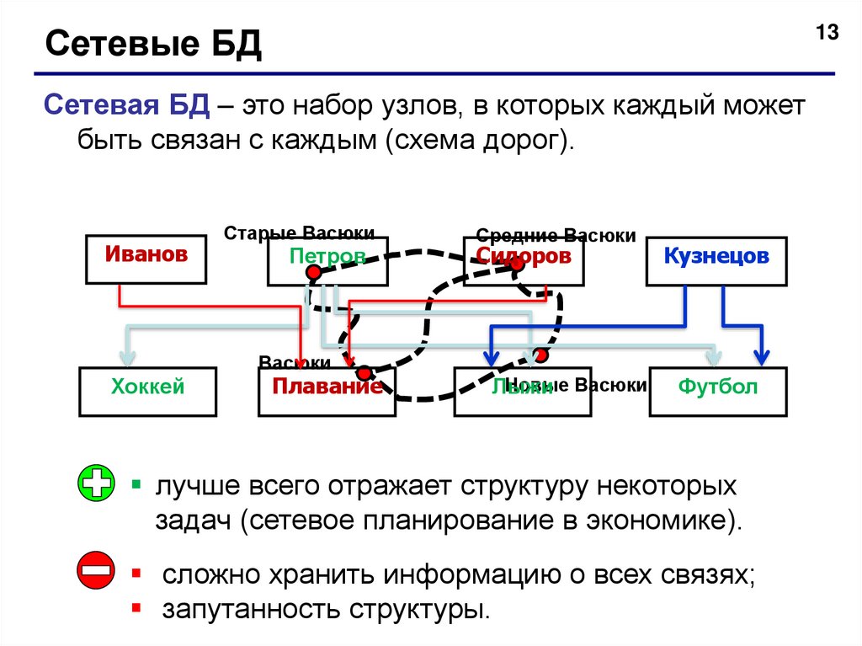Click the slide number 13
coord(826,34)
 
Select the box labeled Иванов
coord(146,258)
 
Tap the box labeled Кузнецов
coord(716,260)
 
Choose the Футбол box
coord(718,390)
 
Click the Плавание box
coord(326,391)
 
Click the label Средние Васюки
coord(556,236)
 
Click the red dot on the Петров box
coord(313,273)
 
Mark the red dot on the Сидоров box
coord(517,264)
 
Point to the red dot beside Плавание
coord(364,373)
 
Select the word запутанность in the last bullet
coord(253,608)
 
